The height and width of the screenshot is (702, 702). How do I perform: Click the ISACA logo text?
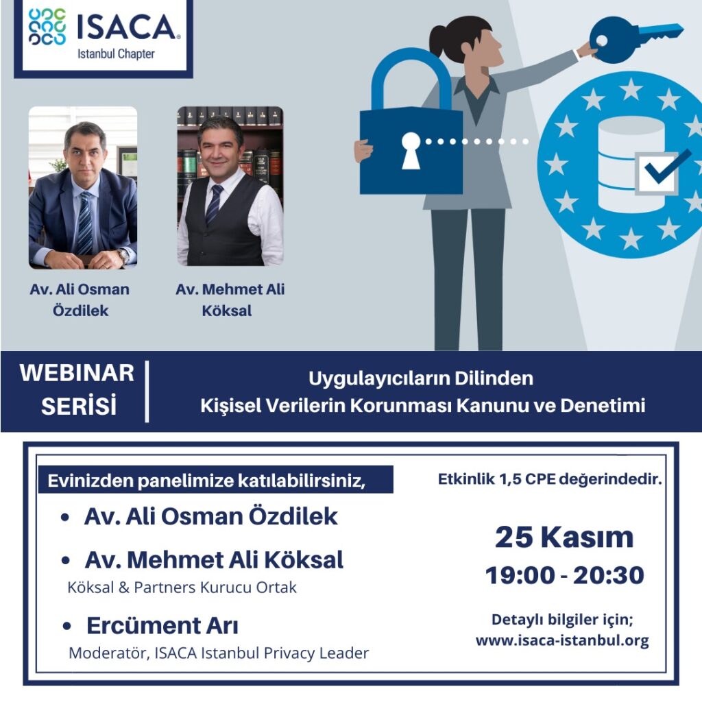[127, 27]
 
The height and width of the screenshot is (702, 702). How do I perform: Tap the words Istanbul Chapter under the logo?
[116, 54]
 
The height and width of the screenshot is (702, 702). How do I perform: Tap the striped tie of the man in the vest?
[215, 204]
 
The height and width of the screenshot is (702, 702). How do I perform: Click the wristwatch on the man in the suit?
[123, 256]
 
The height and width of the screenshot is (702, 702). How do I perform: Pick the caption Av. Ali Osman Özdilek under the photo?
[80, 300]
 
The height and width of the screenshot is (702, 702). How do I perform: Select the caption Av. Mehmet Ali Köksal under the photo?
[230, 300]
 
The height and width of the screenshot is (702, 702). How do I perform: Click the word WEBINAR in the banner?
[77, 372]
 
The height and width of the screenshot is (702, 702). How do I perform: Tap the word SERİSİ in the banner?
[79, 405]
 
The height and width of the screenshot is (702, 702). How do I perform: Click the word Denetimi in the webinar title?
[603, 405]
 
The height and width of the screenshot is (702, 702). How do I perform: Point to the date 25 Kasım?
[564, 537]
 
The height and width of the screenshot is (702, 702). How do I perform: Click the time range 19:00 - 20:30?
[565, 575]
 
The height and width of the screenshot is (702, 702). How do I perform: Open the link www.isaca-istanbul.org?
[562, 641]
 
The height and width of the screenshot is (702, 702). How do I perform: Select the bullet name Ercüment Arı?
[162, 625]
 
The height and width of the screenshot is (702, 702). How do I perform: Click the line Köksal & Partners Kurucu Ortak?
[182, 587]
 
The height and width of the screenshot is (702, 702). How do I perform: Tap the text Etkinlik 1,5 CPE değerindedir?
[550, 479]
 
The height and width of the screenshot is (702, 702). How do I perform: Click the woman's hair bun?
[439, 36]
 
